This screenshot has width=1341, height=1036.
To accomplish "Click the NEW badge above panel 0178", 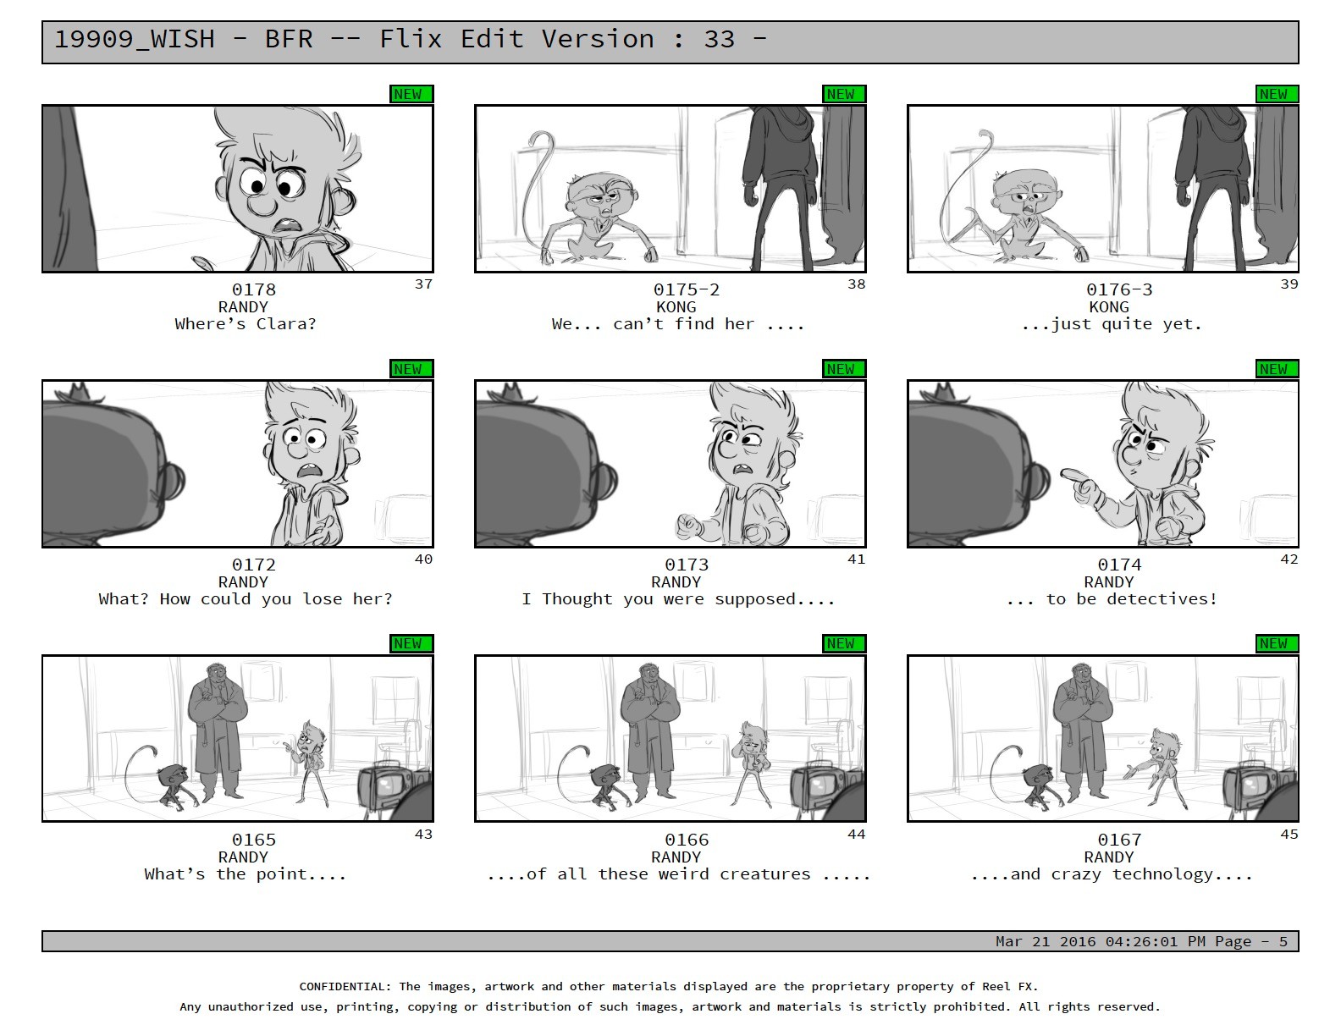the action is (411, 94).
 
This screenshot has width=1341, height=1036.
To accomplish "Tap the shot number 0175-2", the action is (687, 289).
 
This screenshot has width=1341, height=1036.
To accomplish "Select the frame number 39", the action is (1289, 284).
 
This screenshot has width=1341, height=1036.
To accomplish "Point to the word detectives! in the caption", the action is (1162, 598).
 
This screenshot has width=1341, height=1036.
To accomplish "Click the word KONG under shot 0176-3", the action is (1108, 306).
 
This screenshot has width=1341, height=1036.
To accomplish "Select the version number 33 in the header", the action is (719, 40).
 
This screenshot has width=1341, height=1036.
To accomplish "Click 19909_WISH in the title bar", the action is (135, 40).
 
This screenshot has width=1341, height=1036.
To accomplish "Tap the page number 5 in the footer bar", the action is (1283, 941).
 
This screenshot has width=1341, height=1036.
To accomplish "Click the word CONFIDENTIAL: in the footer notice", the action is (345, 986).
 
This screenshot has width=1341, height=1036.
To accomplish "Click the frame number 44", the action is (856, 834).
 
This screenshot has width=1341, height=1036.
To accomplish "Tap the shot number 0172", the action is (254, 564).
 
